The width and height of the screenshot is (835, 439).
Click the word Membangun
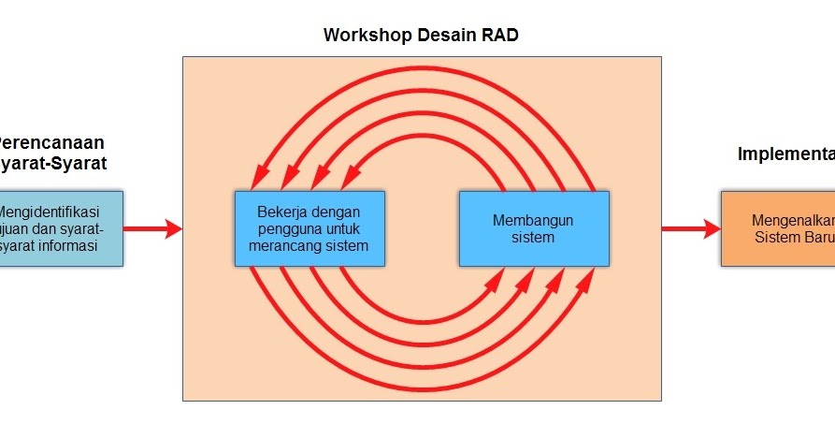533,220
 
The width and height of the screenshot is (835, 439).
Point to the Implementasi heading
785,154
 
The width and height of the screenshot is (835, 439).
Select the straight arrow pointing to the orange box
691,228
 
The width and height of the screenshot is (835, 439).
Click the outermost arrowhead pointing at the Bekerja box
255,178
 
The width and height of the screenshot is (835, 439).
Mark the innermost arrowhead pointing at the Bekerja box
351,177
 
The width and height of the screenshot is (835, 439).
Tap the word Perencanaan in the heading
51,142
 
